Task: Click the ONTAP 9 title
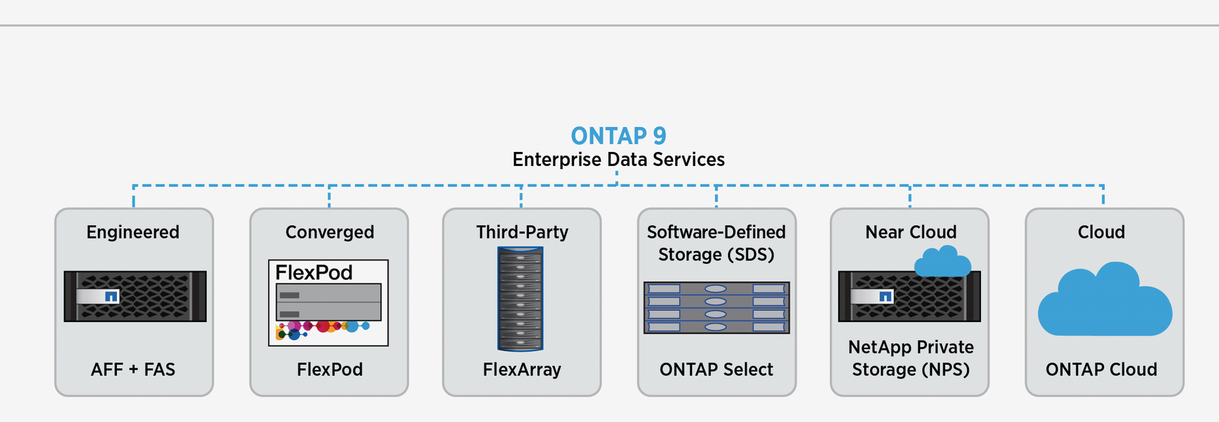click(x=618, y=136)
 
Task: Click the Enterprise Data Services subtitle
click(x=618, y=160)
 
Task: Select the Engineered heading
click(x=133, y=232)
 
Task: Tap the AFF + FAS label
click(x=133, y=369)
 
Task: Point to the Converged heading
click(x=330, y=232)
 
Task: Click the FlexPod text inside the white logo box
click(x=314, y=273)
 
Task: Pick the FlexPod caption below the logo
click(x=330, y=369)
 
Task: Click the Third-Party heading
click(x=522, y=232)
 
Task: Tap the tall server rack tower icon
click(x=521, y=299)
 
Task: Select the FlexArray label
click(x=522, y=369)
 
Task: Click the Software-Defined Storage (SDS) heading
click(x=716, y=243)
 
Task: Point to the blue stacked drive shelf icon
click(x=716, y=308)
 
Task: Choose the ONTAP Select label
click(x=716, y=369)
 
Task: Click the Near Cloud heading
click(x=910, y=232)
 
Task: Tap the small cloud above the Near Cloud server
click(x=942, y=262)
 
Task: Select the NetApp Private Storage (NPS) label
click(x=910, y=358)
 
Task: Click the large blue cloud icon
click(x=1105, y=302)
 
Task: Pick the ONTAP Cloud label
click(x=1101, y=369)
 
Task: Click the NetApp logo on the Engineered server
click(x=111, y=296)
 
